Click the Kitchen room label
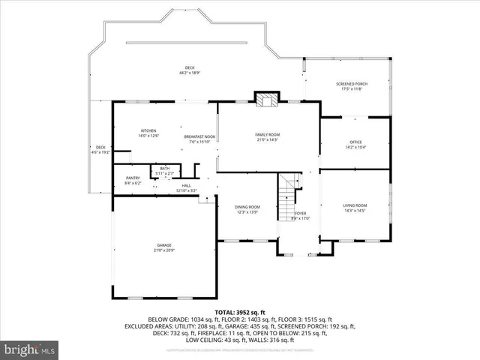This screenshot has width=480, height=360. click(x=148, y=130)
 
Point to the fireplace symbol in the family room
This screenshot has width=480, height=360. click(x=265, y=99)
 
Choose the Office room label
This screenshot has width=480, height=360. click(x=355, y=142)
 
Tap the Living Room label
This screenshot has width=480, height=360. click(x=355, y=205)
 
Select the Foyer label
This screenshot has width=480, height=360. click(x=301, y=214)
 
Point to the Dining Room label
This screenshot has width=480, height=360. click(x=247, y=207)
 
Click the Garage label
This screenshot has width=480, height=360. click(x=164, y=244)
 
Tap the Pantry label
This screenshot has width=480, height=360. click(x=132, y=178)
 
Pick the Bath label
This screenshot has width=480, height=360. click(x=164, y=168)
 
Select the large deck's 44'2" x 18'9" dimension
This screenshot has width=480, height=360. click(x=189, y=73)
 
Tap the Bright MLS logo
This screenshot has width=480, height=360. click(x=30, y=349)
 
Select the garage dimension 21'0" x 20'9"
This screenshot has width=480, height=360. click(x=164, y=250)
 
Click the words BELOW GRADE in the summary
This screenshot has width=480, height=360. click(x=169, y=319)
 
